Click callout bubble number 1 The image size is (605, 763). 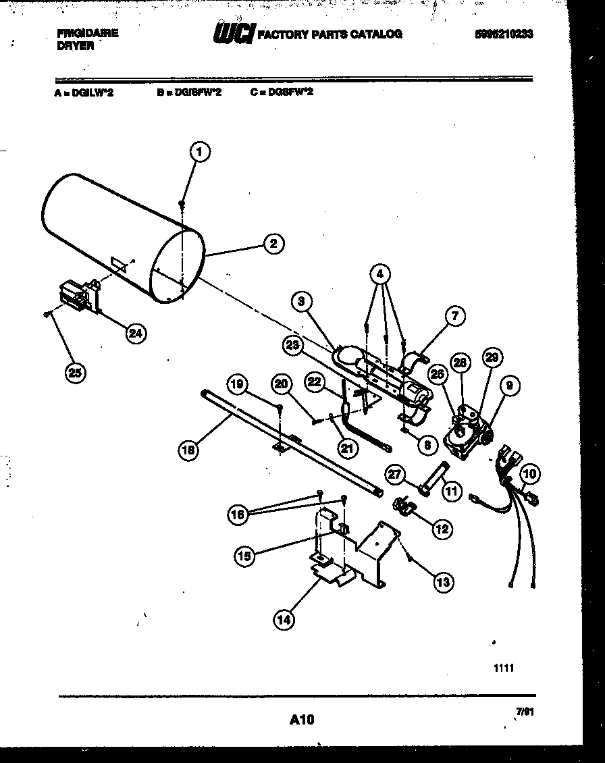tap(199, 153)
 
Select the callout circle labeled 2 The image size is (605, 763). tap(273, 244)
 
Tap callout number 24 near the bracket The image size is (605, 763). tap(136, 332)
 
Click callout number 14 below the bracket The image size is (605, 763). tap(284, 619)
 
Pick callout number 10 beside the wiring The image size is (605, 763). tap(529, 475)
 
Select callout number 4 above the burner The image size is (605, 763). tap(380, 274)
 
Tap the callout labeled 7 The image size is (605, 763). tap(455, 315)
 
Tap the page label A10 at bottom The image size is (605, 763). tap(302, 720)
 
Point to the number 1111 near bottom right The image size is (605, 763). tap(504, 668)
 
